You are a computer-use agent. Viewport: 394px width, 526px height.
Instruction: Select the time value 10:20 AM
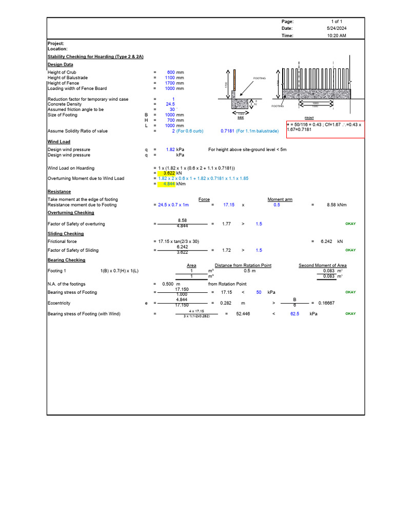click(x=337, y=35)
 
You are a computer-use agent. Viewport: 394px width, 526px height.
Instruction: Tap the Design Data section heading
click(x=60, y=65)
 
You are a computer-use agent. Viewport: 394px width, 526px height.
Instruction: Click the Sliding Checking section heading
click(x=66, y=234)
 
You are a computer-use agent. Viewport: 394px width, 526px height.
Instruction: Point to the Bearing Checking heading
click(x=66, y=260)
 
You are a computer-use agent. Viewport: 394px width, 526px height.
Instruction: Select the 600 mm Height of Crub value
click(x=171, y=72)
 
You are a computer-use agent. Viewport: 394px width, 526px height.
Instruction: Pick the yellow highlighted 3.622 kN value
click(x=166, y=173)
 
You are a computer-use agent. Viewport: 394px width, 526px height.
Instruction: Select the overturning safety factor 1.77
click(x=226, y=224)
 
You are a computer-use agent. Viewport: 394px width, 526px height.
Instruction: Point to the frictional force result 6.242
click(x=327, y=241)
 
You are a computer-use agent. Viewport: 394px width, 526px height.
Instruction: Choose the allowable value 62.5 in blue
click(x=294, y=314)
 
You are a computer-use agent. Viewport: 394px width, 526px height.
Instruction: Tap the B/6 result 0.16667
click(x=326, y=303)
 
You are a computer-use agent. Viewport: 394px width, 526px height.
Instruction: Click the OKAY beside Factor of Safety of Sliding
click(x=350, y=250)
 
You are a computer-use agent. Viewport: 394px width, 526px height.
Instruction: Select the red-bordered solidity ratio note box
click(x=325, y=129)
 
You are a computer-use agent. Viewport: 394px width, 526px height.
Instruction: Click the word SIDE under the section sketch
click(x=241, y=118)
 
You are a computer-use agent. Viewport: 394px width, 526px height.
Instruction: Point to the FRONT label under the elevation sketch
click(x=309, y=118)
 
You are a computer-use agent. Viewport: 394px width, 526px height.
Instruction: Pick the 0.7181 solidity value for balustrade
click(x=227, y=131)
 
